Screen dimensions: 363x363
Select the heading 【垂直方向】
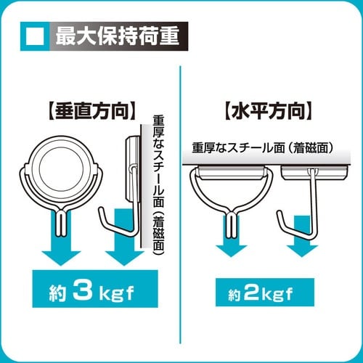click(x=86, y=112)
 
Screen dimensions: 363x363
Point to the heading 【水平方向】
click(x=269, y=112)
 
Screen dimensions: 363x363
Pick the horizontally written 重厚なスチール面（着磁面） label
click(x=262, y=147)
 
